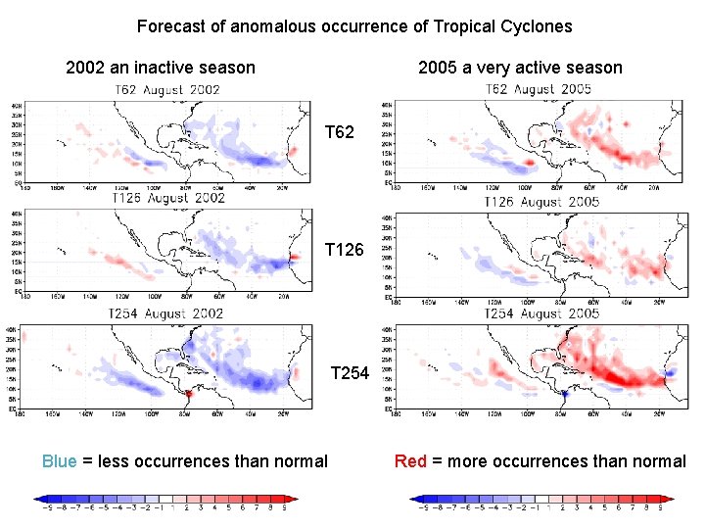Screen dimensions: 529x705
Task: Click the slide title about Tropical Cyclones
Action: pos(354,26)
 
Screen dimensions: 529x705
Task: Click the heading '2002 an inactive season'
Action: pos(160,68)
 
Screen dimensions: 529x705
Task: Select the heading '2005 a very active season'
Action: pos(520,68)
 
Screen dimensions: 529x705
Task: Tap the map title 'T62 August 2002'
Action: pos(167,90)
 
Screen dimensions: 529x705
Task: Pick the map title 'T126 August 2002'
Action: pos(168,198)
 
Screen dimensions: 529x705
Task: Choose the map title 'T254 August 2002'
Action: pos(167,313)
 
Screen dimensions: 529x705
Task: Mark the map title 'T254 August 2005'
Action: pos(542,313)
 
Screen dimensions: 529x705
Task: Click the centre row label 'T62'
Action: pos(339,132)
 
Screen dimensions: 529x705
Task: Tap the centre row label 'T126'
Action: pos(344,252)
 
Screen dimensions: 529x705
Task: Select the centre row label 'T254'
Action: pos(350,372)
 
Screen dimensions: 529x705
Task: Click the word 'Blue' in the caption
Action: pos(59,461)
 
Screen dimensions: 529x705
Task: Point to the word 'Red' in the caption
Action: pos(410,461)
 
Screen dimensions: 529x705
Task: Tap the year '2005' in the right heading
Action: pos(438,68)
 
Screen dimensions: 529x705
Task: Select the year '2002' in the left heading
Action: pos(85,68)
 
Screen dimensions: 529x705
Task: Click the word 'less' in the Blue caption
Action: pos(113,461)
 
